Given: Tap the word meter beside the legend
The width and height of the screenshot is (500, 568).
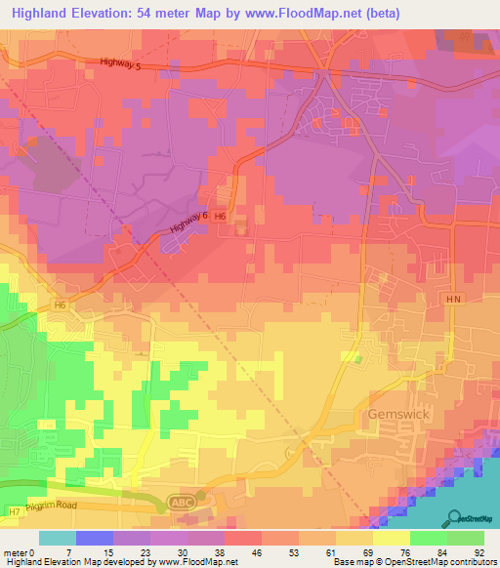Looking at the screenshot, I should tap(15, 552).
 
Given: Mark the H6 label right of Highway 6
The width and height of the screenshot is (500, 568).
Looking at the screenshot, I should tap(222, 216).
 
